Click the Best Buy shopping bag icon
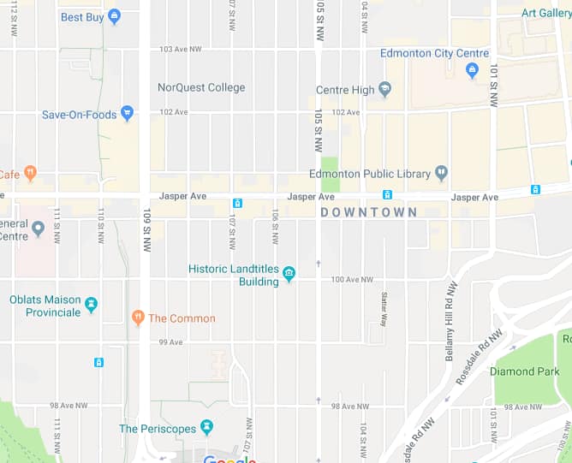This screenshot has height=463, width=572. pos(115,16)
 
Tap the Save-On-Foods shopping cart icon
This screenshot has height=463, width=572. pos(127,113)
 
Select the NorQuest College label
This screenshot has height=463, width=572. pos(201,87)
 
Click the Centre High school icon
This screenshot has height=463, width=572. pos(385,89)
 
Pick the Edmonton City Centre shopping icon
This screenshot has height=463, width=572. pos(472,71)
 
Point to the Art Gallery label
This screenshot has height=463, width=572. pos(546,13)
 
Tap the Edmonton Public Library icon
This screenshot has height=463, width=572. pos(442,173)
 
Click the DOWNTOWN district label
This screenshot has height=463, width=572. pos(369,212)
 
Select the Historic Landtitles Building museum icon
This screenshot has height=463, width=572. pos(289,274)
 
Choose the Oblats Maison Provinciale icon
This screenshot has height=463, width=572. pos(92,305)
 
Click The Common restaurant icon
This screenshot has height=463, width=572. pos(138,318)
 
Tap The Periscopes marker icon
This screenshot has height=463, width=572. pos(206,427)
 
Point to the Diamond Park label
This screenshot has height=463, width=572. pos(524,371)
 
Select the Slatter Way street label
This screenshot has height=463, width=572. pos(384,307)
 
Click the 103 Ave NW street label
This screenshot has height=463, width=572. pos(178,49)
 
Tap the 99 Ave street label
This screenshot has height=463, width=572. pos(170,342)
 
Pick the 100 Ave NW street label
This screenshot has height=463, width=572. pos(351,280)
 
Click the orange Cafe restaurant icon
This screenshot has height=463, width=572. pos(30,173)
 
